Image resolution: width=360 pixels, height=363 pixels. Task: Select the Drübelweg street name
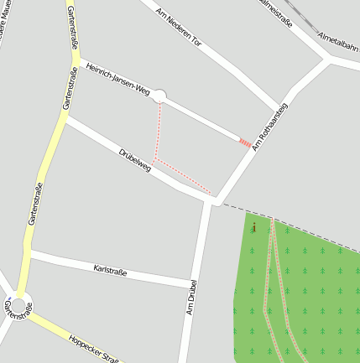134,159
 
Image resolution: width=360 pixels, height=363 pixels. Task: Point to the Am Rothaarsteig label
269,126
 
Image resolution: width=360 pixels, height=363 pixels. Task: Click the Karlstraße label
111,271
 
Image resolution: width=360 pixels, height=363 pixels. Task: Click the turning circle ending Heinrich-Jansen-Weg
159,97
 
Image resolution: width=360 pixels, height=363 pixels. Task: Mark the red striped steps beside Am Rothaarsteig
244,143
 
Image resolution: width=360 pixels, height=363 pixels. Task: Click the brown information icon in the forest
253,226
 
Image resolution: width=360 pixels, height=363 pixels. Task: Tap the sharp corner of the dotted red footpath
155,158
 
